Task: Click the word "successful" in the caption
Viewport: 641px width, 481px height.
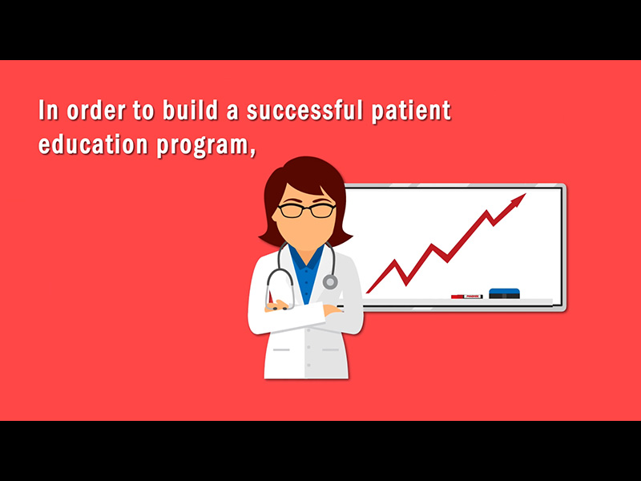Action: (304, 111)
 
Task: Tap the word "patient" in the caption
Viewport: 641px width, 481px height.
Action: (411, 111)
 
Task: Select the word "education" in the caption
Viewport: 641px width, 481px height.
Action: (93, 144)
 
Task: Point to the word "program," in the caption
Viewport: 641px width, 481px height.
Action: (207, 147)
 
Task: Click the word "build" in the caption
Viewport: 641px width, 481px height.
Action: (190, 110)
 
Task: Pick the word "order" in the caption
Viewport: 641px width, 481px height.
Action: (96, 111)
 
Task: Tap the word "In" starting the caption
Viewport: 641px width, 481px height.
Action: (49, 111)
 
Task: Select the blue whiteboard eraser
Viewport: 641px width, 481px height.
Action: (505, 293)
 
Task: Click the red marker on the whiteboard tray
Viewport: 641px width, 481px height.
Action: (466, 297)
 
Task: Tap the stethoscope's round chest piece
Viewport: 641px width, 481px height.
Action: (330, 282)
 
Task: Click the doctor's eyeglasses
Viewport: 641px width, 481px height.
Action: (307, 211)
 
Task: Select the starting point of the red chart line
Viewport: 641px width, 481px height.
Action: (368, 292)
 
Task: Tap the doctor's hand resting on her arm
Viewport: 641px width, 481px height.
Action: (332, 309)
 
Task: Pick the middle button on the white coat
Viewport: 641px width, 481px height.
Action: (308, 347)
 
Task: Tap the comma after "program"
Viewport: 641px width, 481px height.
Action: (252, 152)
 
